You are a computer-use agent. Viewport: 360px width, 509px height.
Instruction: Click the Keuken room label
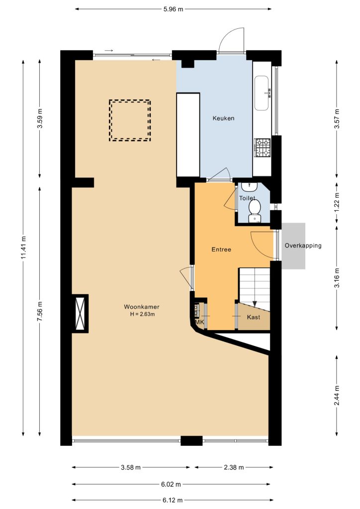coord(223,118)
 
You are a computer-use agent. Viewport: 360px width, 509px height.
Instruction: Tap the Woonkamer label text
coord(142,307)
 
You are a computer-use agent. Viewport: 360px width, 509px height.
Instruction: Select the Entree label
coord(221,250)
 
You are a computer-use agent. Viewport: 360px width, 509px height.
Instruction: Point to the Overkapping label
coord(303,246)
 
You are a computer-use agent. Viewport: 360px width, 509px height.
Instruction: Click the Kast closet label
coord(254,317)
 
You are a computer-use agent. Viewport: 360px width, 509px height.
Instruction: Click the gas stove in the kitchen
coord(262,148)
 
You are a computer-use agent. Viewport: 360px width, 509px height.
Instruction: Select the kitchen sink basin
coord(262,93)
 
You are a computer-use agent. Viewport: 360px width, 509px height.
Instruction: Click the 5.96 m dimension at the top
coord(174,9)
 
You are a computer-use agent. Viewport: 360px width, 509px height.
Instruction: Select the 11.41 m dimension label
coord(23,248)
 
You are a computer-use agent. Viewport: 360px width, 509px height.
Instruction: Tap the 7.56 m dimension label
coord(40,312)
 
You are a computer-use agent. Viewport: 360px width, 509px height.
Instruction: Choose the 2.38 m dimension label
coord(234,467)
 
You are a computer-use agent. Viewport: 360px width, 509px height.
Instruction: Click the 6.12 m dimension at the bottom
coord(173,500)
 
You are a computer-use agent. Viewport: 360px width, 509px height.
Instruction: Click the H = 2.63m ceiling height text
coord(143,314)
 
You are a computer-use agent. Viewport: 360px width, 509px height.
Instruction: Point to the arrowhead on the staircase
coord(255,304)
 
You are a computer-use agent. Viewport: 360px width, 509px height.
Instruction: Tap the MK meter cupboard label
coord(199,322)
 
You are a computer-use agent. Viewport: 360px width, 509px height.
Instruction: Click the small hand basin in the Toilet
coord(249,186)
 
